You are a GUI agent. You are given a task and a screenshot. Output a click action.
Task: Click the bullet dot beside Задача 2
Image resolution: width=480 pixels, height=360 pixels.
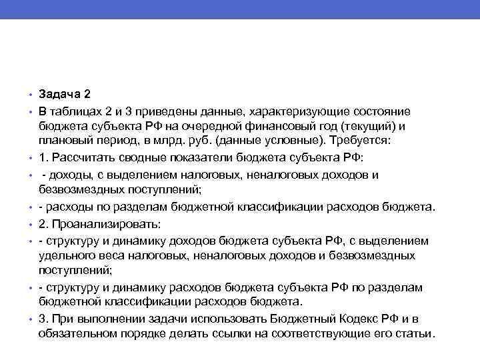30,95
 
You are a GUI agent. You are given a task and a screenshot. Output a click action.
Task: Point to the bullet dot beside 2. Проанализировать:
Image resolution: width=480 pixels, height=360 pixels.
30,224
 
